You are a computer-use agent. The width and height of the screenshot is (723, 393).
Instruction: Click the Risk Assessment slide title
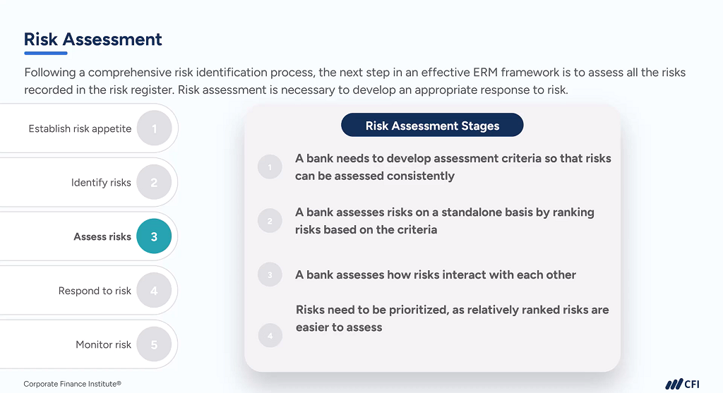[x=93, y=40]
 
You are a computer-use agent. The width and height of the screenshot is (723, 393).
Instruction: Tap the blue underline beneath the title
[x=45, y=53]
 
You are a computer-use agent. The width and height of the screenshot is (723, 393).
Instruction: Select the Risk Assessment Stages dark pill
[x=432, y=126]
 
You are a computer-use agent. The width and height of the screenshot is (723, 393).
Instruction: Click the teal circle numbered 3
[x=154, y=237]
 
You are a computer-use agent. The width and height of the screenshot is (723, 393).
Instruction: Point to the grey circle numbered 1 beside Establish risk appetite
[x=154, y=128]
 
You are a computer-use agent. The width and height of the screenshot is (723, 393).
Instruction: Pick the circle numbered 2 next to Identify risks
[x=154, y=183]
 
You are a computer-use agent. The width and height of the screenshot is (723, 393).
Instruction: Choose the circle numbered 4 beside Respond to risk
[x=154, y=291]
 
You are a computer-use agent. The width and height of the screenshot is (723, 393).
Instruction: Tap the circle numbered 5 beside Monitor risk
[x=154, y=345]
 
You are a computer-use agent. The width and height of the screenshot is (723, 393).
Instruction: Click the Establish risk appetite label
[x=80, y=129]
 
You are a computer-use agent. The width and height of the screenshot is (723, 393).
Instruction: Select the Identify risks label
[x=101, y=183]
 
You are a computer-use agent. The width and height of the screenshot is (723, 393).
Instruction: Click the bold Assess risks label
[x=102, y=237]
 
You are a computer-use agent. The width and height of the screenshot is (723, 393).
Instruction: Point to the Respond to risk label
[x=95, y=291]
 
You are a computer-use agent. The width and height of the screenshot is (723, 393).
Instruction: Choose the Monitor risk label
[x=103, y=345]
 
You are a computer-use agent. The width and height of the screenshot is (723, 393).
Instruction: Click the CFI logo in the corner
[x=682, y=384]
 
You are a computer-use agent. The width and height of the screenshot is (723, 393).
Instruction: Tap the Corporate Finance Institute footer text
[x=72, y=384]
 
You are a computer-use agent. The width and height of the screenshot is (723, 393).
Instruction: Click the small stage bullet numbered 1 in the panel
[x=270, y=167]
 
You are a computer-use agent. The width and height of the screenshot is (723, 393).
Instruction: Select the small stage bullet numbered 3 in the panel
[x=270, y=275]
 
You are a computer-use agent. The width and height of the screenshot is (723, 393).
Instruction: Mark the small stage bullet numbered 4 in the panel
[x=270, y=335]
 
